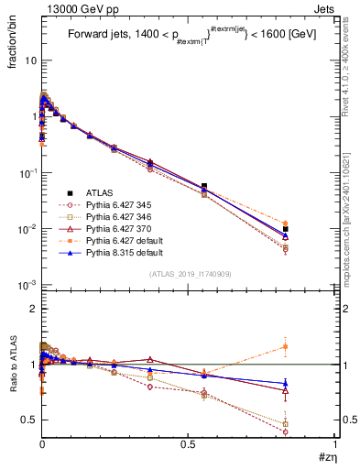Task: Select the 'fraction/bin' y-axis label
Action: (x=20, y=39)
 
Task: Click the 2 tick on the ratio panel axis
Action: (x=32, y=309)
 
